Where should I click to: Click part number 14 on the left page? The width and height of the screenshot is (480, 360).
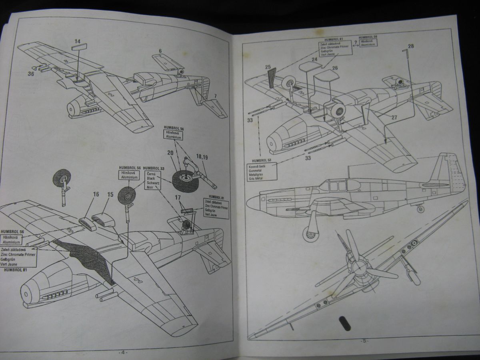tap(77, 41)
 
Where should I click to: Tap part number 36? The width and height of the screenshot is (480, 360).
tap(31, 73)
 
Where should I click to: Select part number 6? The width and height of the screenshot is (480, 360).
tap(160, 51)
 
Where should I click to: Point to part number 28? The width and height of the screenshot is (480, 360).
tap(411, 46)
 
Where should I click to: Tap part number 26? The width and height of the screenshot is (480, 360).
tap(334, 68)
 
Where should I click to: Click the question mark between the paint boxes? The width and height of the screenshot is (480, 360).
tap(355, 42)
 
